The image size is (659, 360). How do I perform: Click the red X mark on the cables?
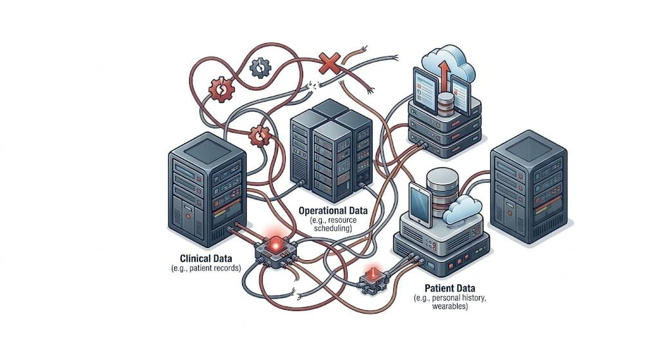[x=330, y=63]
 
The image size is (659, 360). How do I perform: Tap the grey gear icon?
[x=260, y=66]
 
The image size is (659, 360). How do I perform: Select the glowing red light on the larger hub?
[x=275, y=243]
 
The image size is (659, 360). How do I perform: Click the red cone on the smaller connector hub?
[x=371, y=275]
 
